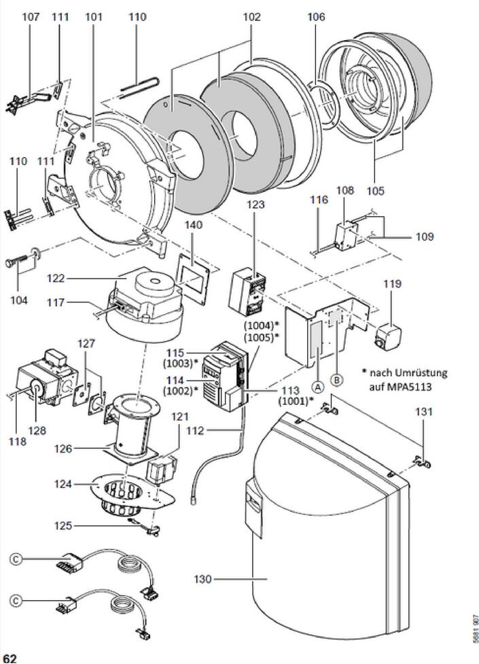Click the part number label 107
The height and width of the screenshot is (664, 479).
[31, 16]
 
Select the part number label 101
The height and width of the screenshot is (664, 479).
[93, 16]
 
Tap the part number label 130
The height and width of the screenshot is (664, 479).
[203, 579]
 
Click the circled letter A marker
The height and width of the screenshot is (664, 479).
[317, 386]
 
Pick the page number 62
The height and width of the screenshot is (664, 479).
[10, 657]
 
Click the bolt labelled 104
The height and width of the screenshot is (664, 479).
[20, 260]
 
